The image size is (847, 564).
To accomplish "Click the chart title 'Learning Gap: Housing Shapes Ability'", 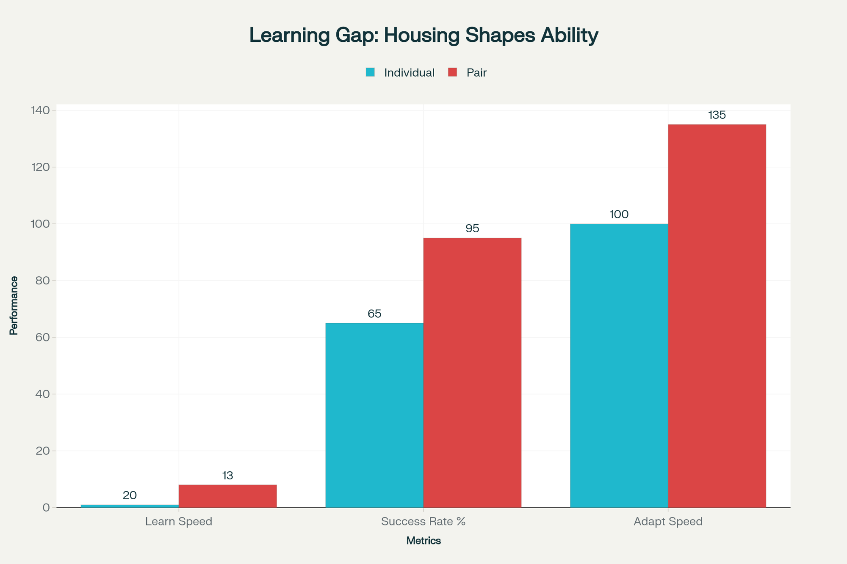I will (x=423, y=35).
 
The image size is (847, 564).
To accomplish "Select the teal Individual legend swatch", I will (x=370, y=72).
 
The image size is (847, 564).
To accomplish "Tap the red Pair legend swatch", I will (x=452, y=72).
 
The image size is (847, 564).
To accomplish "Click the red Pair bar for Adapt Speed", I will (x=717, y=316).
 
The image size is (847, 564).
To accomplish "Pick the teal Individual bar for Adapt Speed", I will (x=619, y=366).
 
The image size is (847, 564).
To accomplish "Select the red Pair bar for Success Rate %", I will (x=472, y=372).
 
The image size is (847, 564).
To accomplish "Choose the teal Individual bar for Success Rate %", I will (x=374, y=415).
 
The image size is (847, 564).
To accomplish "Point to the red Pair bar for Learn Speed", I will (x=227, y=496).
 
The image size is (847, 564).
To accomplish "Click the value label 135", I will (x=717, y=115).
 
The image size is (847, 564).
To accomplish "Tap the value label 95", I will (x=472, y=228).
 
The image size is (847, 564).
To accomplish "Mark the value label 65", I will (x=374, y=314).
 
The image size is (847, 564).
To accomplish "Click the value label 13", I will (x=227, y=476).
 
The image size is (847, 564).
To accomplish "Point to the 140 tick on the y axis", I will (x=40, y=110).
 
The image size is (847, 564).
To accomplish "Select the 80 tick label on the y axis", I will (x=42, y=281).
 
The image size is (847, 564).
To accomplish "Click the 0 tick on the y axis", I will (x=46, y=508).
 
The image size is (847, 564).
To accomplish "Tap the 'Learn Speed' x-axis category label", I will (x=178, y=521).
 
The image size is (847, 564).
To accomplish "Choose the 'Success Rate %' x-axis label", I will (x=423, y=521).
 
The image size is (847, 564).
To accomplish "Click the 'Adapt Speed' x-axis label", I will (x=668, y=521).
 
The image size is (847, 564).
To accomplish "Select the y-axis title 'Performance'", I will (x=14, y=305).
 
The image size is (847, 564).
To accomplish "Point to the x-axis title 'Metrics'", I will (x=423, y=541).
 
